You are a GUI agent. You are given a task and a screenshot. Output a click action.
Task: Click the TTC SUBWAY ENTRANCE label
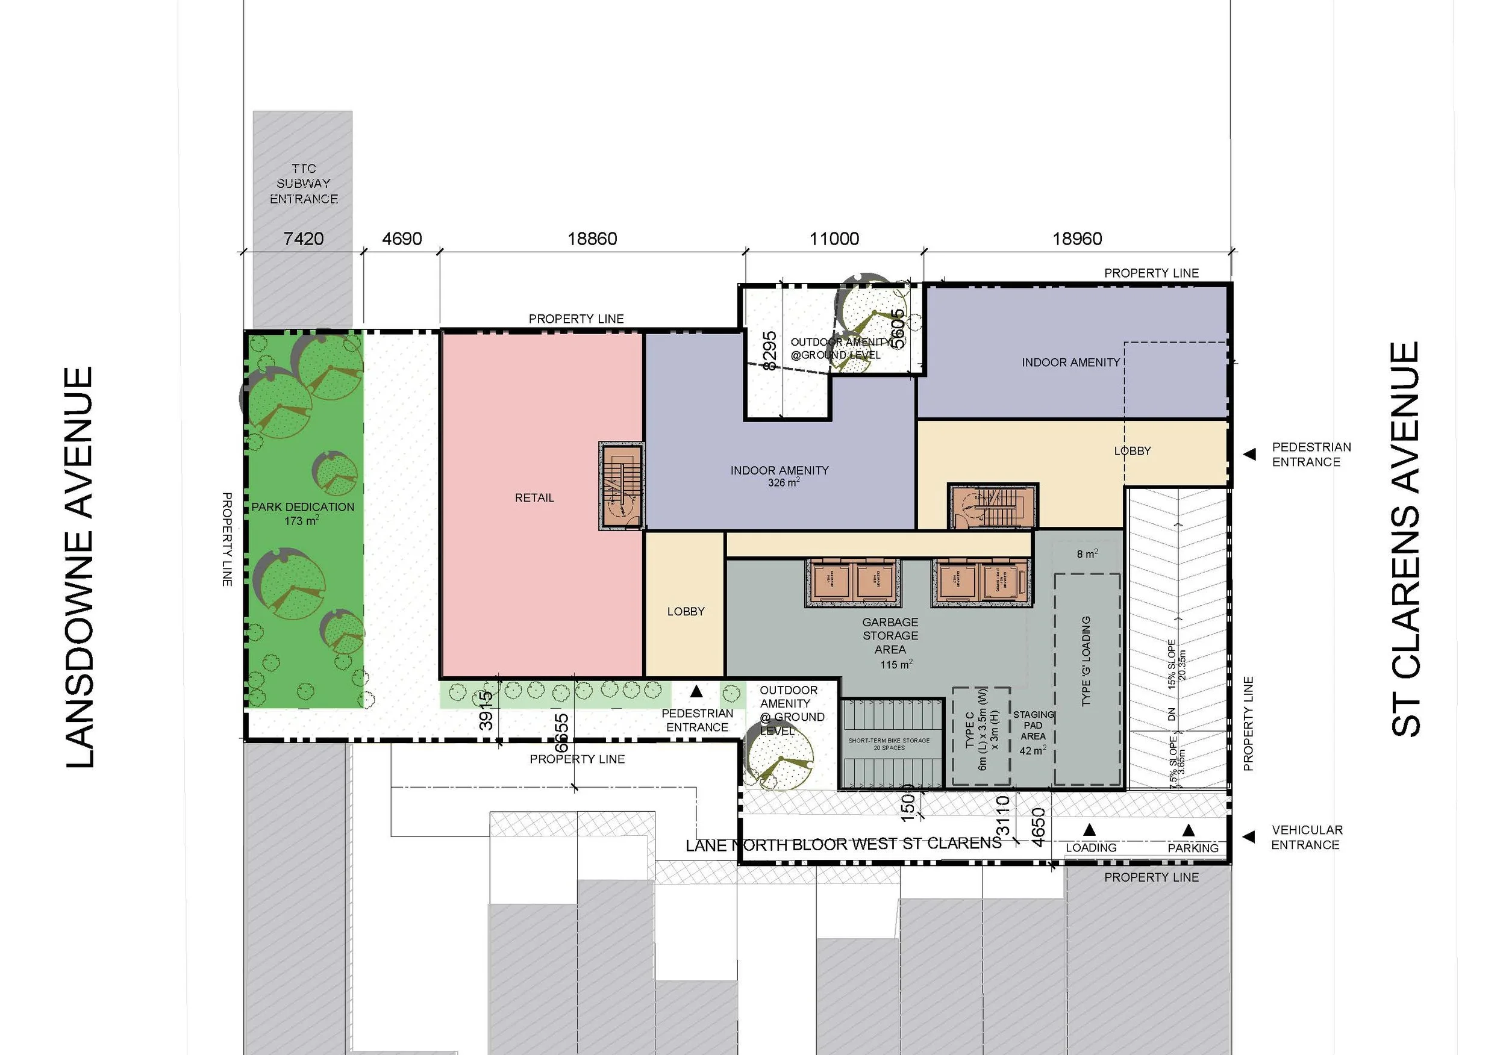304,184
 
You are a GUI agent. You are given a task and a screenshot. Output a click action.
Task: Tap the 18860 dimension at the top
592,238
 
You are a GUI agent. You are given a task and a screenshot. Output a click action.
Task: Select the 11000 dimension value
834,238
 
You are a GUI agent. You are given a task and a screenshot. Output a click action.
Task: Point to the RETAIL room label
534,497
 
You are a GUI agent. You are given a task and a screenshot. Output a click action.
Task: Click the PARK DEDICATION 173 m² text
302,514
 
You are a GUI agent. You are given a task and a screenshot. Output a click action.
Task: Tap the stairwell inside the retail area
620,485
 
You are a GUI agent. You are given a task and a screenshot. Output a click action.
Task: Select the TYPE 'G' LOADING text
1086,661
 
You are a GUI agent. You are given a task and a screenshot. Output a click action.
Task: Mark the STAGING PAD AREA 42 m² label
1033,732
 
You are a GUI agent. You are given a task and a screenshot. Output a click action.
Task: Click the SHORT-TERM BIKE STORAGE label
889,744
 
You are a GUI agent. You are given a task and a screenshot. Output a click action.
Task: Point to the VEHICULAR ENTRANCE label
1306,837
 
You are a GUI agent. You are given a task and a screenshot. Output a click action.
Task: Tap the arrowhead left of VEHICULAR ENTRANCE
1249,836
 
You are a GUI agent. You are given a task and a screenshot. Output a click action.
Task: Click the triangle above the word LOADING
1090,829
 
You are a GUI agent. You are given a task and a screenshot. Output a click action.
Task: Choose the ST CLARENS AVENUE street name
1405,539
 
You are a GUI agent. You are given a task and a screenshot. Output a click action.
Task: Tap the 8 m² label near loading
1087,554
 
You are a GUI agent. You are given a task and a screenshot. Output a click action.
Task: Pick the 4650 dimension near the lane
1038,827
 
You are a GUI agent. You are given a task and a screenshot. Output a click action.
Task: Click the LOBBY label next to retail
686,611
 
